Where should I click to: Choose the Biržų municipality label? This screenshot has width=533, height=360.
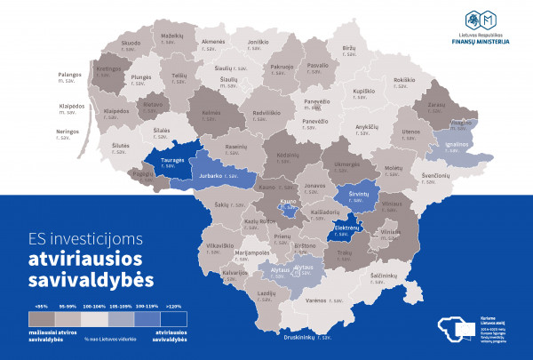349,50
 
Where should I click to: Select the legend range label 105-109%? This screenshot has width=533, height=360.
120,305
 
